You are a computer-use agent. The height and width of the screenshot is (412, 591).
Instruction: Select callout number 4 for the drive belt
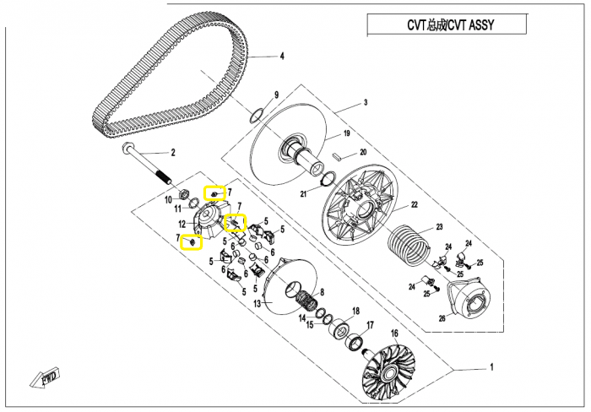point(282,57)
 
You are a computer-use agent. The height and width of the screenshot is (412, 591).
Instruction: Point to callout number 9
point(275,95)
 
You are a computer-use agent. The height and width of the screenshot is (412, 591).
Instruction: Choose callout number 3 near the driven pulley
point(366,103)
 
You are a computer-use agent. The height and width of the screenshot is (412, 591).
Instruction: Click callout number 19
point(345,134)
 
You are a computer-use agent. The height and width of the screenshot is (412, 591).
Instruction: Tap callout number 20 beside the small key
point(362,153)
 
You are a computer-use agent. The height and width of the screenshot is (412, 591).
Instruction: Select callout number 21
point(303,194)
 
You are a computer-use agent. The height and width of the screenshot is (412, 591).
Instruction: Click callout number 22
point(414,205)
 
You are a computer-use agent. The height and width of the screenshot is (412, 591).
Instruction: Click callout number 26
point(442,318)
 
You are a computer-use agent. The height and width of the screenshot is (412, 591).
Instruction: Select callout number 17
point(369,324)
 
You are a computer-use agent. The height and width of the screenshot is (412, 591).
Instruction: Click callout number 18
point(355,311)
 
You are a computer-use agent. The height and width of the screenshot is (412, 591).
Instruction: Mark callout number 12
point(182,224)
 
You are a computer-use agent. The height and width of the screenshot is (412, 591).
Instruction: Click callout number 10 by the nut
point(168,199)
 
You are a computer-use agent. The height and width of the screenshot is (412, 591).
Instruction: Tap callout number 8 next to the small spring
point(322,291)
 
